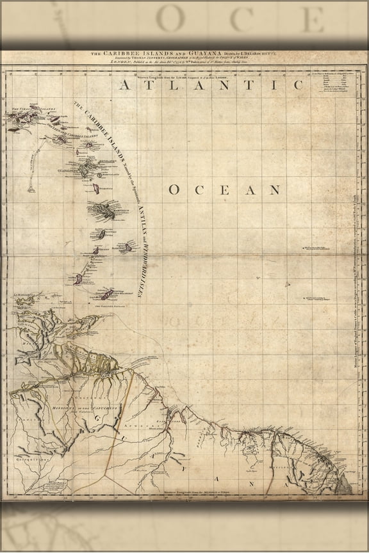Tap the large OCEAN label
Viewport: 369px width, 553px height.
tap(225, 189)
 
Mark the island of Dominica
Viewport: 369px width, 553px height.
tap(95, 190)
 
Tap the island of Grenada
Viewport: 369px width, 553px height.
tap(78, 280)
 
